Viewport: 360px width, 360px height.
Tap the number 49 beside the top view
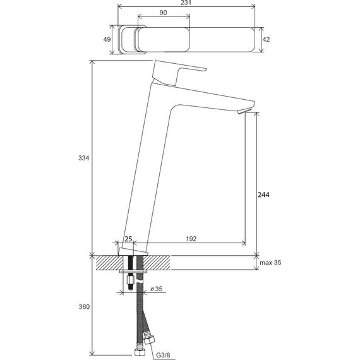pos(107,39)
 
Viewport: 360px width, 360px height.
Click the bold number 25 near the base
pos(128,239)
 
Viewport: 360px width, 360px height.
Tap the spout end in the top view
pos(249,40)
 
